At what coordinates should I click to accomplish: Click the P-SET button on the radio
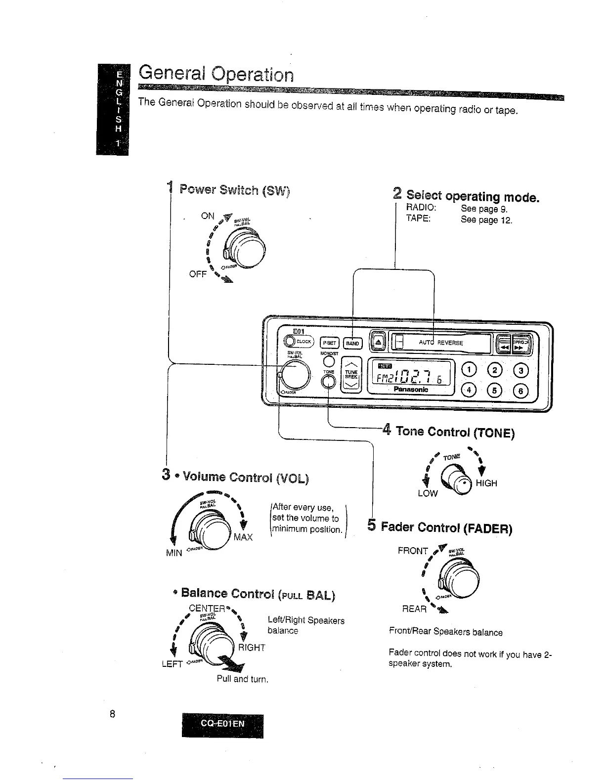(328, 343)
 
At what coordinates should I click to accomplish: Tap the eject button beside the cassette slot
(378, 342)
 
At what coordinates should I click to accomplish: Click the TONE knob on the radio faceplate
(329, 382)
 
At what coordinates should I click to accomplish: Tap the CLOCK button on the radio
(298, 341)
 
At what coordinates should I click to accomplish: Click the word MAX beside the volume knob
(243, 537)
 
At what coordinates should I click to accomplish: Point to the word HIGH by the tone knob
(486, 483)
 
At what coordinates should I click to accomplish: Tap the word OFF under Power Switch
(197, 274)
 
